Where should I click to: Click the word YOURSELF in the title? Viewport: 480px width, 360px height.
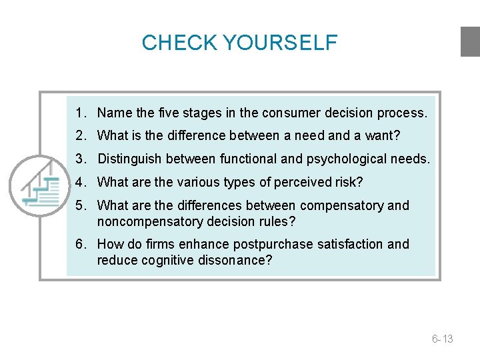pyautogui.click(x=280, y=43)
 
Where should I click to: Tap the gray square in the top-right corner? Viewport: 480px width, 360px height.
pyautogui.click(x=470, y=41)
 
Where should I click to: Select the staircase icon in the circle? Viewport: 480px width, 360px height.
pyautogui.click(x=40, y=185)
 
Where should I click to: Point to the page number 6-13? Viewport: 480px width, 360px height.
pyautogui.click(x=442, y=339)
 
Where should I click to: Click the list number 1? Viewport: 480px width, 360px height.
pyautogui.click(x=79, y=113)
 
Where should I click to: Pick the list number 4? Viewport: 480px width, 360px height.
pyautogui.click(x=79, y=182)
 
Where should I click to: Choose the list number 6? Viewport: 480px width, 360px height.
pyautogui.click(x=79, y=244)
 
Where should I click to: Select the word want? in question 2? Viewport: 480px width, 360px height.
pyautogui.click(x=383, y=136)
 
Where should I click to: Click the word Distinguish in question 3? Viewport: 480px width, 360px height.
pyautogui.click(x=129, y=159)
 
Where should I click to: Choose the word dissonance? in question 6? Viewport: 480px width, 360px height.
pyautogui.click(x=235, y=260)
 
